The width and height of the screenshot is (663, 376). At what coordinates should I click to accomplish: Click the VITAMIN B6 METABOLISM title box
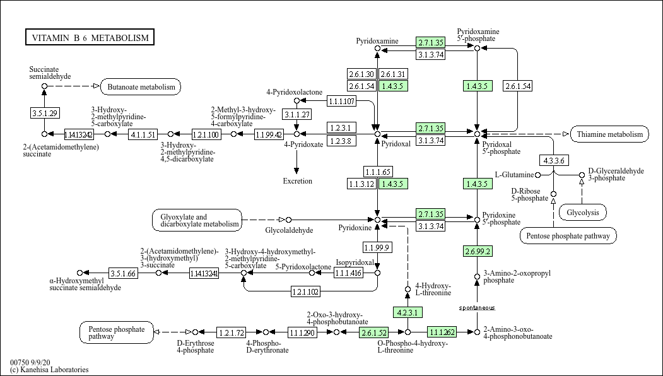(90, 38)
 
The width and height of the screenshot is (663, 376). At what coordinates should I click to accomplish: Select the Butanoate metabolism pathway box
(141, 86)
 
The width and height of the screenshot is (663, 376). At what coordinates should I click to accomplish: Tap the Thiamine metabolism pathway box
(609, 134)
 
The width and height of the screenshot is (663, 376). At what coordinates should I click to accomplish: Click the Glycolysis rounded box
(582, 213)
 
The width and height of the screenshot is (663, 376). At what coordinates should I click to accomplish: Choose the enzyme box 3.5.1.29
(44, 113)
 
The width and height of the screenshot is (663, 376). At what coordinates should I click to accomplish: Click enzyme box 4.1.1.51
(143, 134)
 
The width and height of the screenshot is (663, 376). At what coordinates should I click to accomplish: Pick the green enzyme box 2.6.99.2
(478, 251)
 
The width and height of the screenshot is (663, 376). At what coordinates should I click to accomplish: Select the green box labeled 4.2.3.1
(408, 312)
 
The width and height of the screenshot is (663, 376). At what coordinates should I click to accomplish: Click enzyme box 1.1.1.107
(341, 101)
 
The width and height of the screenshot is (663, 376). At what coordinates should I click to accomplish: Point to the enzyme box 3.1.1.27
(296, 114)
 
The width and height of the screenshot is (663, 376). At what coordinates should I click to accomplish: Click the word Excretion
(297, 181)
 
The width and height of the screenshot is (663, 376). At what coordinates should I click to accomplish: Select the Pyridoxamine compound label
(377, 41)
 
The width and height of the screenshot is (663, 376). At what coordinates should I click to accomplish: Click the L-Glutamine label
(514, 175)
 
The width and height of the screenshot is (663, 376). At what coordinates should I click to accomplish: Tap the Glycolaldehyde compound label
(289, 230)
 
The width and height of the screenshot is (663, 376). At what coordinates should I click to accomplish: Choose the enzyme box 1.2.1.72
(231, 332)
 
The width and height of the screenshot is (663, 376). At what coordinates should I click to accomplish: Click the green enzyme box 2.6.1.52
(373, 332)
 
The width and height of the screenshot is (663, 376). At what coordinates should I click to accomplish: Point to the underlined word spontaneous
(477, 308)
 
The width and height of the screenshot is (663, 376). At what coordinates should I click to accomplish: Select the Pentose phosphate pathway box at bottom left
(117, 332)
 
